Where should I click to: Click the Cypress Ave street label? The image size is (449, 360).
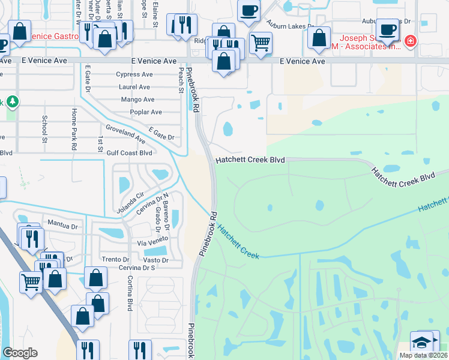tap(135, 75)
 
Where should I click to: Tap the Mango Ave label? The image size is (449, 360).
tap(137, 100)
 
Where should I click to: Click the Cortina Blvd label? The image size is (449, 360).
tap(130, 293)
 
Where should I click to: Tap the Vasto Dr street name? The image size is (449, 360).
tap(155, 260)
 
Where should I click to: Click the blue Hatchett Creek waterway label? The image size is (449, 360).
tap(238, 242)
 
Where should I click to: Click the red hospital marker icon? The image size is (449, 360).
tap(411, 41)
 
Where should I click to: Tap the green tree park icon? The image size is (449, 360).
tap(12, 101)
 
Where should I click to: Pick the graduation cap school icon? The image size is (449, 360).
tap(422, 343)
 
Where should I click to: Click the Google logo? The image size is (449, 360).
tap(20, 353)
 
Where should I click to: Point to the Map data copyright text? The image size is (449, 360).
tap(424, 355)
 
